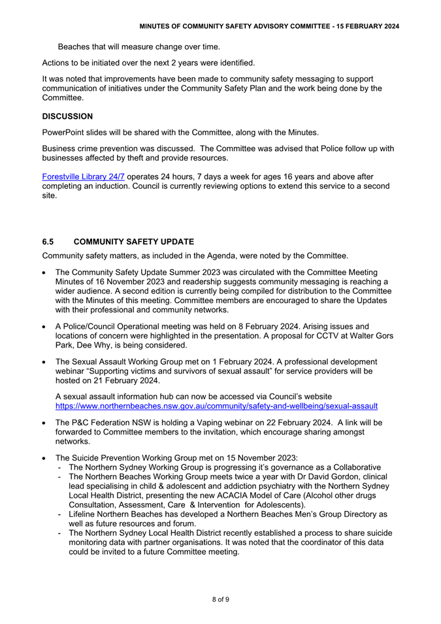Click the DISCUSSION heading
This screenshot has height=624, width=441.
pos(67,116)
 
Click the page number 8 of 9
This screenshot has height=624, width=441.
pos(220,600)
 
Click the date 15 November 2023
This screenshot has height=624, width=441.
pos(263,457)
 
